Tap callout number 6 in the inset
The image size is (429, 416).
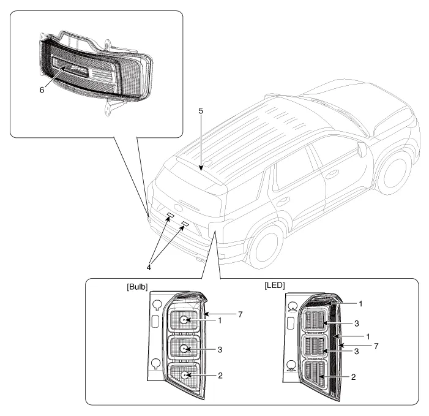pos(42,88)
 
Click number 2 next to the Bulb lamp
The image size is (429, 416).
pos(226,374)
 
